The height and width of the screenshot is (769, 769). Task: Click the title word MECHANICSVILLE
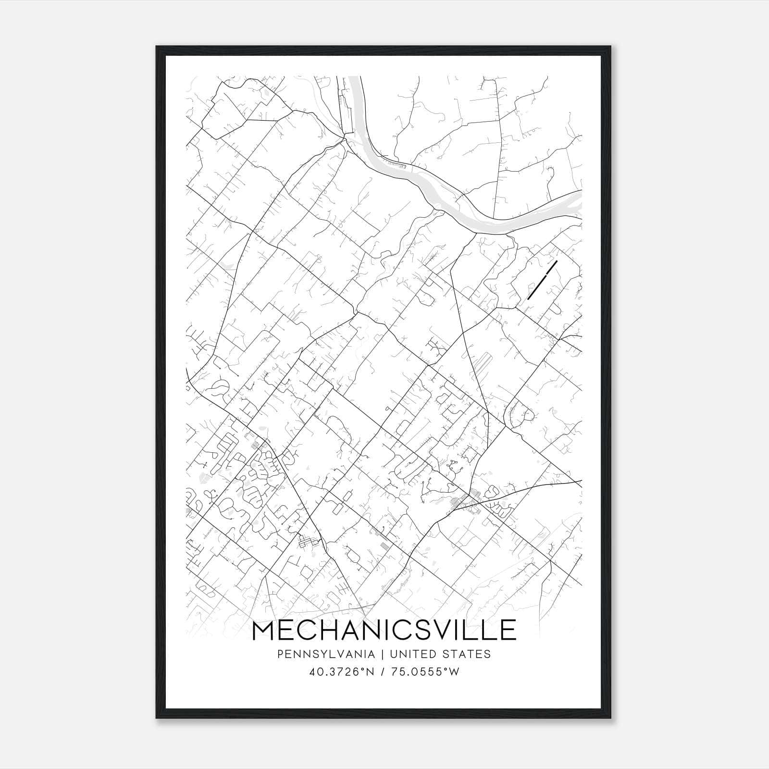(x=384, y=631)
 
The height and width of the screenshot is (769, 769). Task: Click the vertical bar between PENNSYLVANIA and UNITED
(x=383, y=654)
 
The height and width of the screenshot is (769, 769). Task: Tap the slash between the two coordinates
(x=383, y=672)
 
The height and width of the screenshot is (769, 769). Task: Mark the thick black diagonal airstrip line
(x=542, y=280)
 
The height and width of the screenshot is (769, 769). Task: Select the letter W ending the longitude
(x=455, y=672)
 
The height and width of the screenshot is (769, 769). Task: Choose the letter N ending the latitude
(x=371, y=672)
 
